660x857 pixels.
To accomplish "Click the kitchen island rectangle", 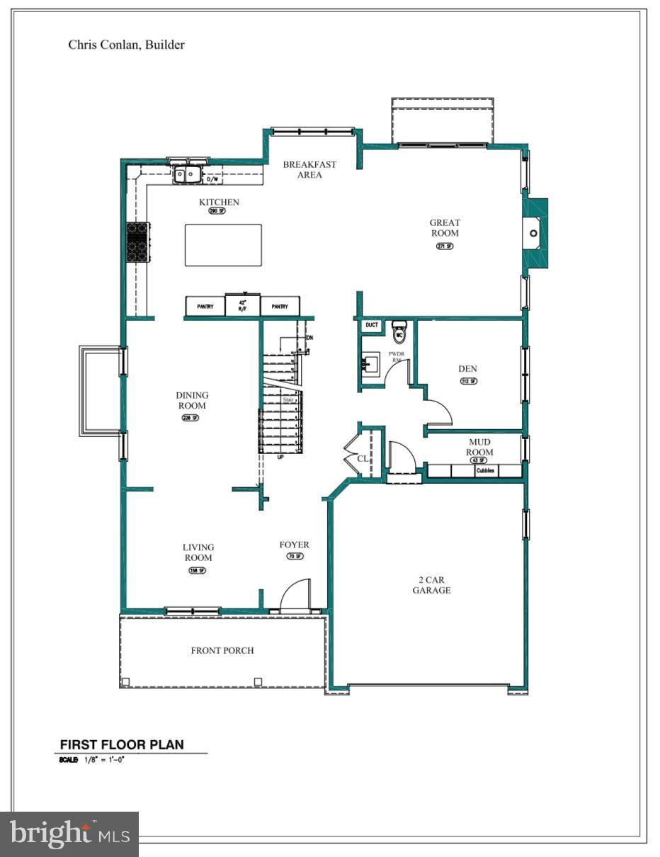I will (223, 245).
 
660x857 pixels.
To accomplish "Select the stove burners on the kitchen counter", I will (137, 242).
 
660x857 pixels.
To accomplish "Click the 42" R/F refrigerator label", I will (242, 307).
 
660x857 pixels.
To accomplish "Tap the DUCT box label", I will (372, 325).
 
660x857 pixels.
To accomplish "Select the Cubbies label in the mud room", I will (486, 470).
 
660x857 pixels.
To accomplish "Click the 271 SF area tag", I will (444, 246).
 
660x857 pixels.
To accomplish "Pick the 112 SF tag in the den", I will (468, 381).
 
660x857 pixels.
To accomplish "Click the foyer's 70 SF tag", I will (295, 557).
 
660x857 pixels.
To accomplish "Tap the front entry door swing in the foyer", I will (297, 595).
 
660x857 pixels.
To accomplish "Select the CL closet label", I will (363, 458).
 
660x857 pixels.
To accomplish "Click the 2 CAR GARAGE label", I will (431, 585).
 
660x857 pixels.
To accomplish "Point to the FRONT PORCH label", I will (222, 650).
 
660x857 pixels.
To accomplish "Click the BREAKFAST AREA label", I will (309, 170).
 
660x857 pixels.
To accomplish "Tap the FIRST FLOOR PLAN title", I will (122, 744).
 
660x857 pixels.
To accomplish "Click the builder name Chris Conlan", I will (126, 45).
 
